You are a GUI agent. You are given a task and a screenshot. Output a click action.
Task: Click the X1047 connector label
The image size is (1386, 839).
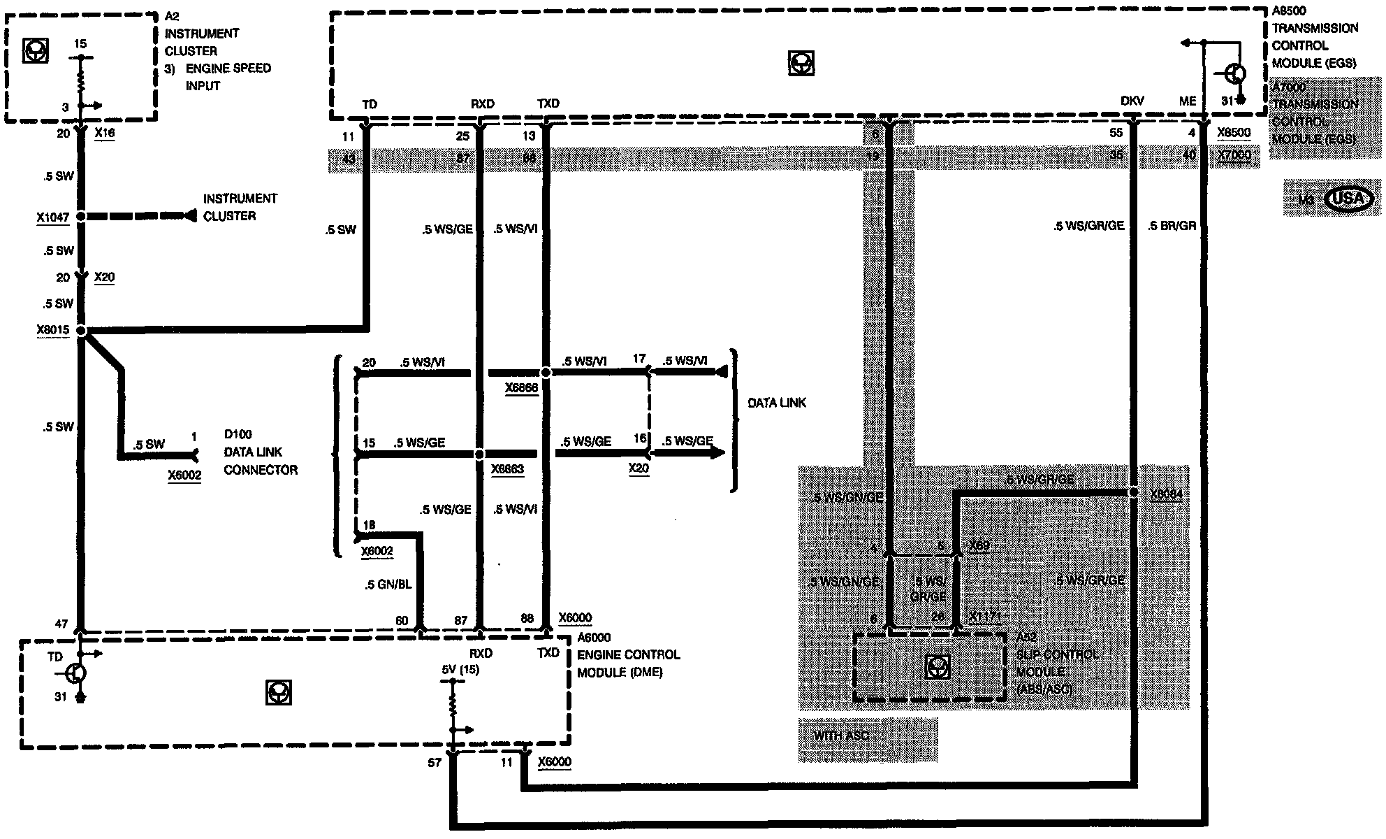coord(53,217)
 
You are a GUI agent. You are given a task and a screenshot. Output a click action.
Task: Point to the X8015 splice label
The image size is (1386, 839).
coord(53,330)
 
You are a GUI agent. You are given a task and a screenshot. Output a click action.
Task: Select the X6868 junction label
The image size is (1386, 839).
coord(521,388)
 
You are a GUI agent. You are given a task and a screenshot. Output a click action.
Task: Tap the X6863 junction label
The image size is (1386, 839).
coord(507,469)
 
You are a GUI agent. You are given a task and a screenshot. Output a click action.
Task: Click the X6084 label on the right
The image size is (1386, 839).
coord(1166,494)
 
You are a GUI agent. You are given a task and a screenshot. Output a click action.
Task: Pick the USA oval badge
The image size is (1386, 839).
coord(1348,199)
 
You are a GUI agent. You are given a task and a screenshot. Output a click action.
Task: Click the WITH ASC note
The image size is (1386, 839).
coord(841,736)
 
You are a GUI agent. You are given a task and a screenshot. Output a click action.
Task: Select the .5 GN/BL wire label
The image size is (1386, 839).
coord(388,585)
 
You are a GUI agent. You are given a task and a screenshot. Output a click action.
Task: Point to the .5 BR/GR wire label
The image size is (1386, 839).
coord(1172,226)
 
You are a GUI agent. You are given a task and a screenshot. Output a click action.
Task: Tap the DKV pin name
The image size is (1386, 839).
coord(1132,101)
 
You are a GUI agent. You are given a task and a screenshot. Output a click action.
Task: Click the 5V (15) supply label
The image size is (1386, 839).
coord(460,669)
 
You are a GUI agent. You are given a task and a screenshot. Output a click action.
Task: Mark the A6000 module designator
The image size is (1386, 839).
coord(594,637)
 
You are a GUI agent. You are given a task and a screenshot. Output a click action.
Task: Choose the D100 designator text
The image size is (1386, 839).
coord(238,434)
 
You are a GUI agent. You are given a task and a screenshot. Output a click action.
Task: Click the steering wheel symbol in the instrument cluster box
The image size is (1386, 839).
coord(36,50)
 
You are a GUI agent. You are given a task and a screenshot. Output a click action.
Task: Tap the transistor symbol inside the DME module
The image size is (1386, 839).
coord(75,673)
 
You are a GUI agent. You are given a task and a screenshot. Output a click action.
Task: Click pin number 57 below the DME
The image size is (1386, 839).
coord(435,762)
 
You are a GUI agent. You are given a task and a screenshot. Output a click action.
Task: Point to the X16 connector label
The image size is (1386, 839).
coord(104,133)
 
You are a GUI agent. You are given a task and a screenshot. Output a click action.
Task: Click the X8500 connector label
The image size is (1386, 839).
coord(1233,132)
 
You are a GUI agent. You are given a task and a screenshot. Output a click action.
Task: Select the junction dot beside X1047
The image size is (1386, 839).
coord(81,217)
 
